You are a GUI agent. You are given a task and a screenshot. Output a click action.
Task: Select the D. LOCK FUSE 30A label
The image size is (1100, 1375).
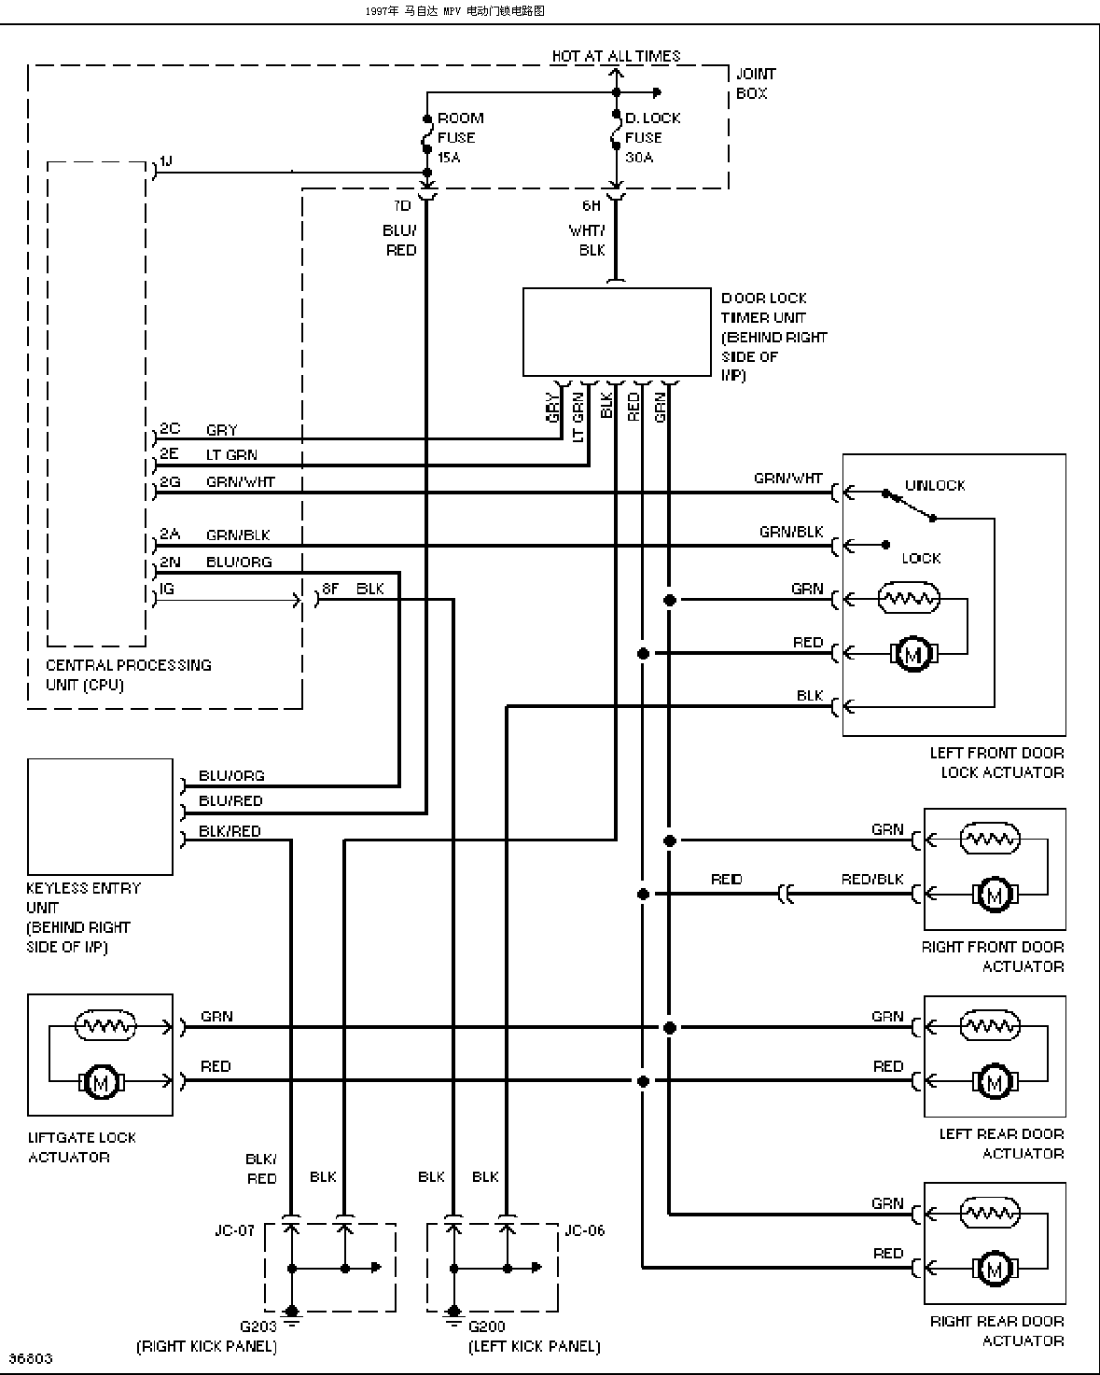point(652,137)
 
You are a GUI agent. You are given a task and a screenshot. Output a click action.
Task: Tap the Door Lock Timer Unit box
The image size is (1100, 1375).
point(617,331)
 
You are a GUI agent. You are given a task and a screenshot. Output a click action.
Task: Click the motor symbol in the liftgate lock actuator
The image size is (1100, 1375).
point(101,1082)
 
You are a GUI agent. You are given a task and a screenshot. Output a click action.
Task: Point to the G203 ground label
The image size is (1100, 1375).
point(258,1326)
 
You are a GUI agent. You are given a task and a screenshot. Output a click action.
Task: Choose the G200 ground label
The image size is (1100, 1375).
point(487,1326)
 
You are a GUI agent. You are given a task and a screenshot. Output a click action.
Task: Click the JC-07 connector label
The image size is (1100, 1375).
point(234,1230)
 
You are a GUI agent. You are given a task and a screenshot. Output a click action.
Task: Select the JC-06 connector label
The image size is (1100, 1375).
point(584,1230)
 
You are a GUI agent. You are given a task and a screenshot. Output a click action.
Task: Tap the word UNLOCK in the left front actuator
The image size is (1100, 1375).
point(935,485)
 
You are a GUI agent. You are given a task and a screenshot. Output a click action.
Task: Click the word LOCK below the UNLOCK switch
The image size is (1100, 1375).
point(921,558)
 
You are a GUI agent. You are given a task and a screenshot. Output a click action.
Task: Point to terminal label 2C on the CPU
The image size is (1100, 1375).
point(170,428)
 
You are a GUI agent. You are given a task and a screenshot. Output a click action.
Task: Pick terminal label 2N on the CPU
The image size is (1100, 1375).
point(170,562)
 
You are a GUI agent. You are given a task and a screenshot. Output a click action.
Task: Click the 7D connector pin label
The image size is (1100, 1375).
point(402,205)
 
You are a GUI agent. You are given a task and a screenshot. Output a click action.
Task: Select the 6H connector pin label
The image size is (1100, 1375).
point(592,205)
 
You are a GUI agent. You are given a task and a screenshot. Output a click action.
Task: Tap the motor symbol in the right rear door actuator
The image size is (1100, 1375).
point(995,1269)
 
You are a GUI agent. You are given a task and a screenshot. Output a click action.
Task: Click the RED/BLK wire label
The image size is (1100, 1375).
point(872,879)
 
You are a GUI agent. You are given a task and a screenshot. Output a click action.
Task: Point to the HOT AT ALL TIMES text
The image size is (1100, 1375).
point(616,56)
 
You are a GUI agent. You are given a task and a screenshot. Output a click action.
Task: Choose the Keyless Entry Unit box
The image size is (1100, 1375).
point(101,816)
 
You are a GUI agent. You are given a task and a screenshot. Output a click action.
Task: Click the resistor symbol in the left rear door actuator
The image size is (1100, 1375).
point(990,1025)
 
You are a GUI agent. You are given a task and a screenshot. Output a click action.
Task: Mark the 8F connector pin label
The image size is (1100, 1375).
point(329,589)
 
